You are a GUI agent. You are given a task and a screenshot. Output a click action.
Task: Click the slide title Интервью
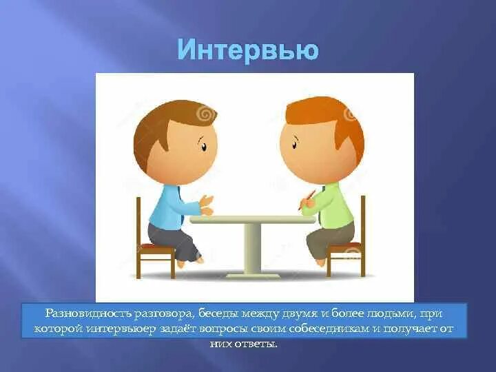point(248,50)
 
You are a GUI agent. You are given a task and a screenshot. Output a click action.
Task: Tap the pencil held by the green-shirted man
point(307,200)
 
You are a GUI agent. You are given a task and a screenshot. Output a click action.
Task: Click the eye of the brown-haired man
point(204,147)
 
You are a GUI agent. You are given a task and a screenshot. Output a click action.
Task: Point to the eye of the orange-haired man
point(295,145)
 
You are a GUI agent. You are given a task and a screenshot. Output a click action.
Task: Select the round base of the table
point(253,276)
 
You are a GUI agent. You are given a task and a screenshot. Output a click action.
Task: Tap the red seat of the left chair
point(156,246)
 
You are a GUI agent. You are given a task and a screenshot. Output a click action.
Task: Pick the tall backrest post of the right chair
point(363,236)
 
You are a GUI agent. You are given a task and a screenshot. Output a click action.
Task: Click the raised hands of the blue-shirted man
point(206,205)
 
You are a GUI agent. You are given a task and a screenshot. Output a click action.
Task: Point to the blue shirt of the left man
point(167,206)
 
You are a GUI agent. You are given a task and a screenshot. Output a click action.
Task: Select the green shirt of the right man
point(329,205)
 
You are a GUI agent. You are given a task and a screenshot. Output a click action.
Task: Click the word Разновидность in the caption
point(87,313)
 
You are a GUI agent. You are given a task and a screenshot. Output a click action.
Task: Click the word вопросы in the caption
point(224,329)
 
